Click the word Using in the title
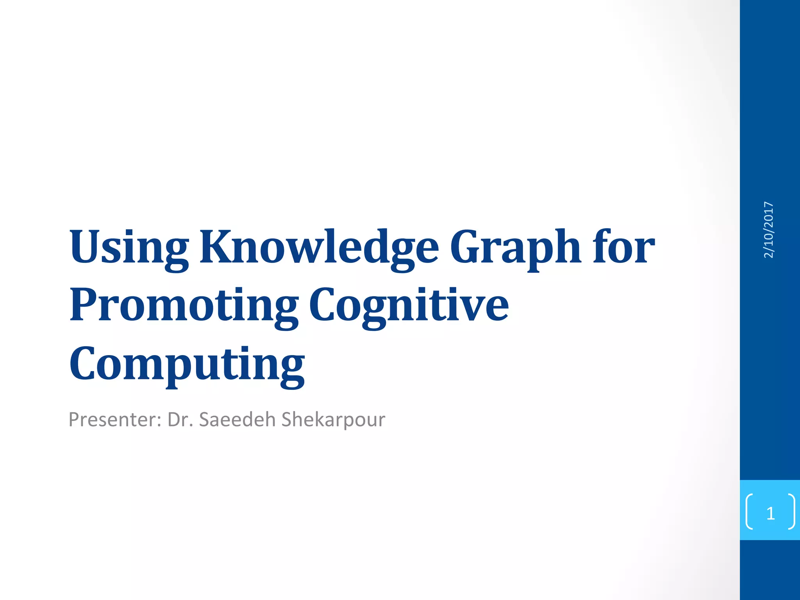(x=129, y=248)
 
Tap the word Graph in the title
(x=515, y=248)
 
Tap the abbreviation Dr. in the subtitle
(x=180, y=420)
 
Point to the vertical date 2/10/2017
(x=768, y=230)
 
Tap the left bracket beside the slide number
(x=749, y=511)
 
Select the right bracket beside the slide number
(x=791, y=511)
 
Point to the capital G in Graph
(x=467, y=247)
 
